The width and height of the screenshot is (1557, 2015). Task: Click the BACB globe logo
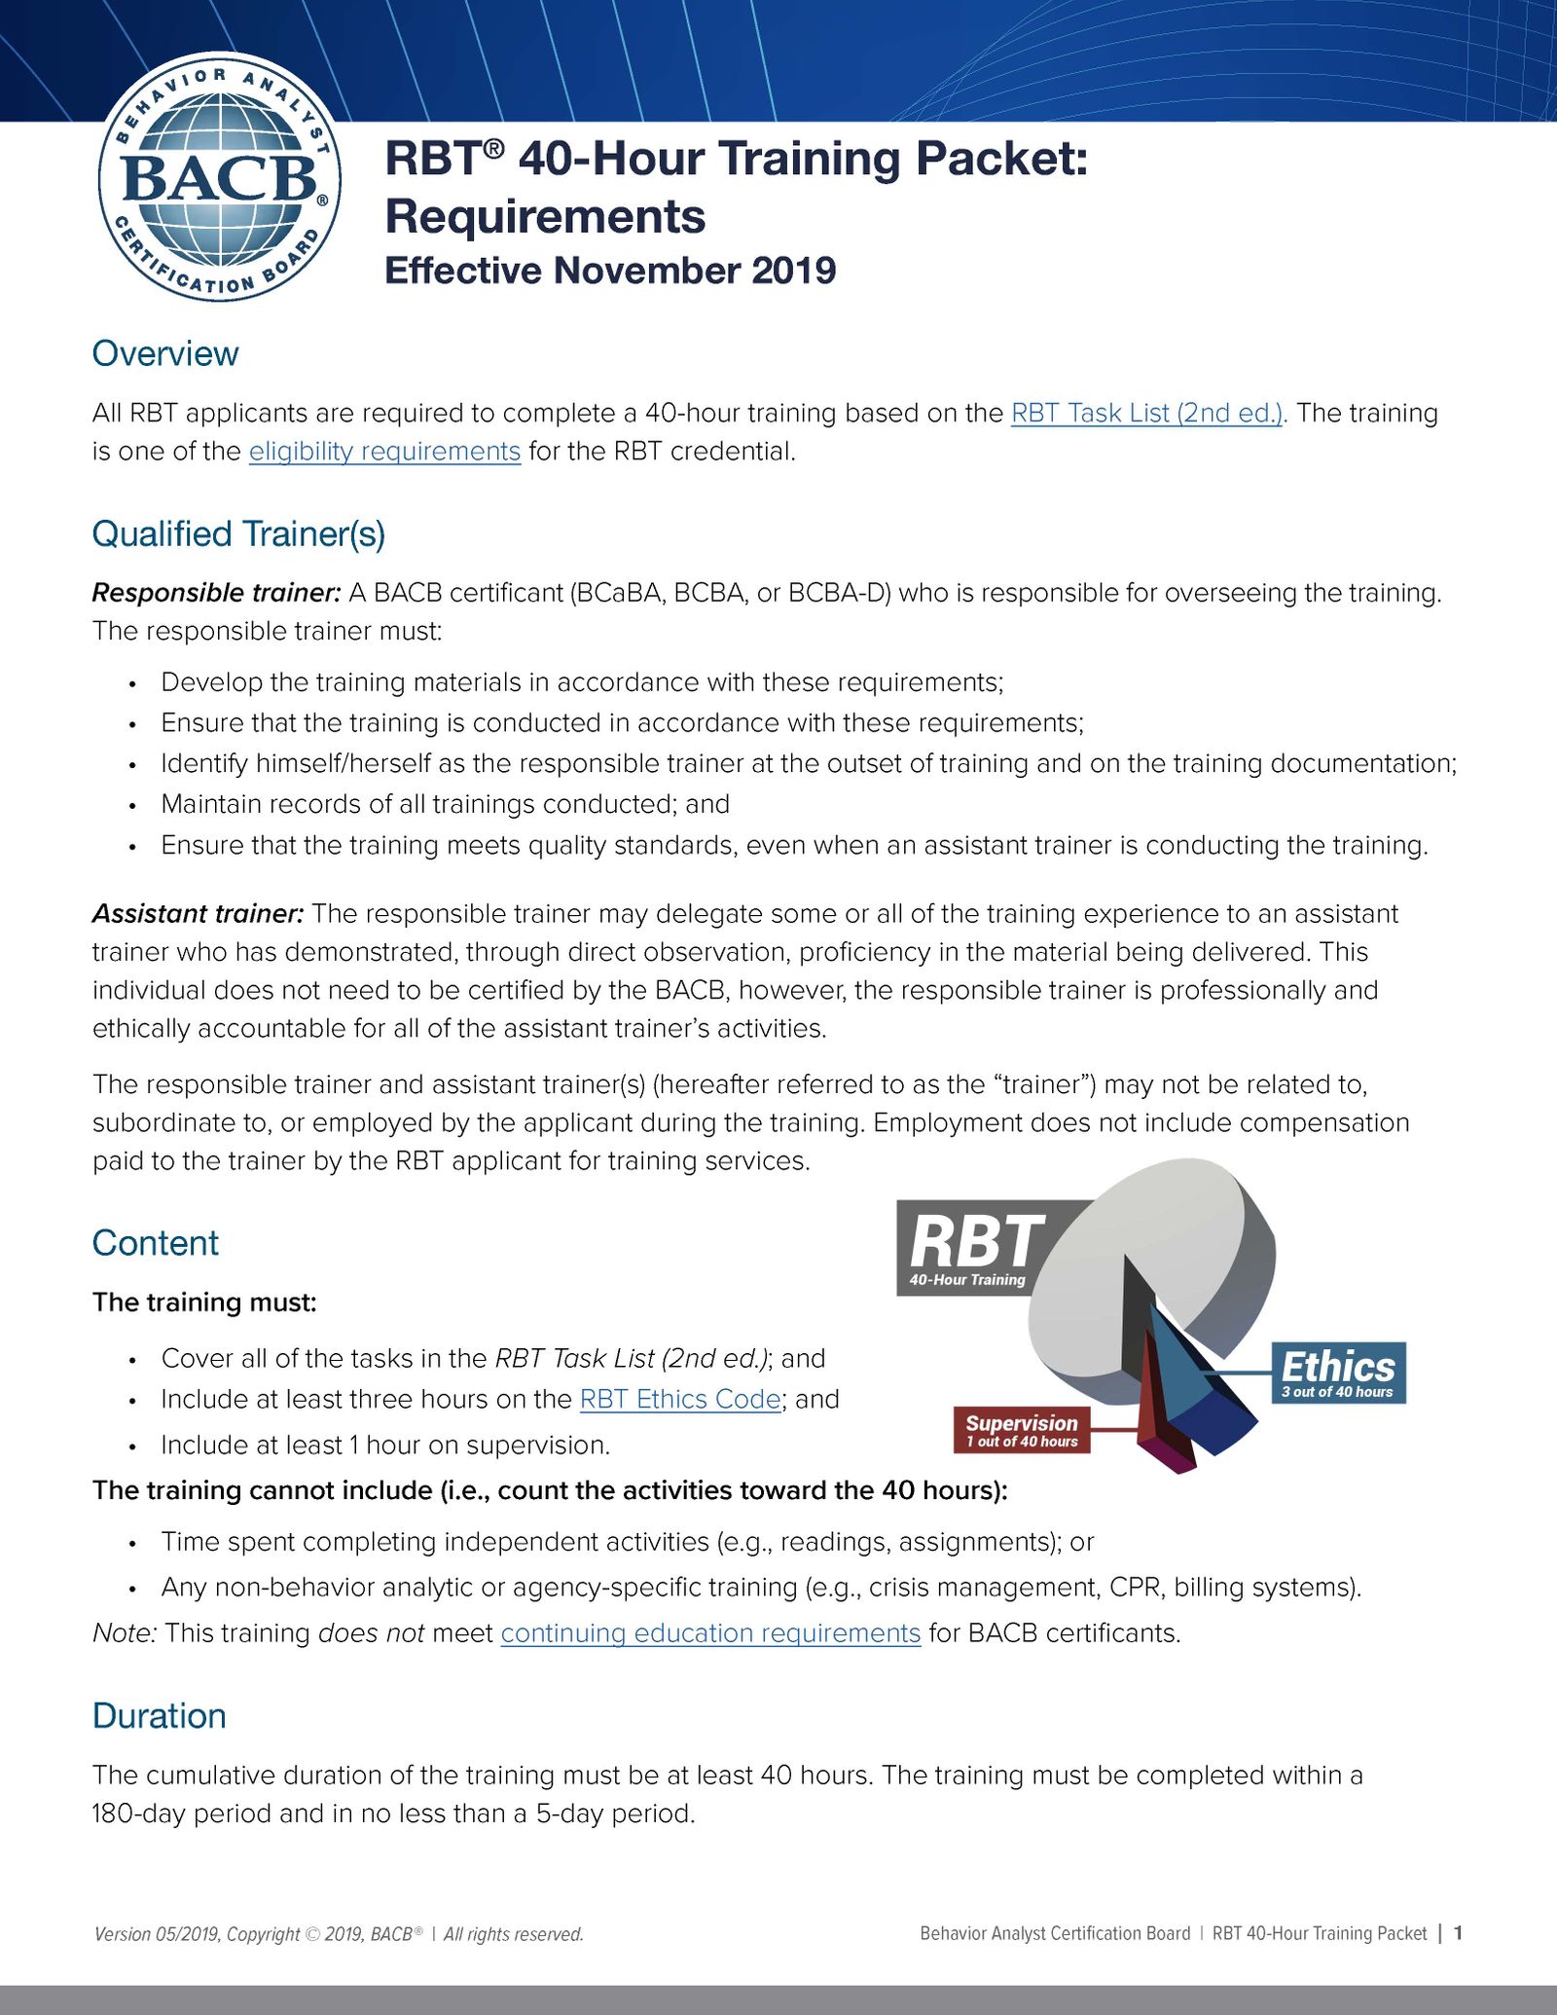(220, 178)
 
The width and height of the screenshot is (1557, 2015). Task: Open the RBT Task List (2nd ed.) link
(1147, 413)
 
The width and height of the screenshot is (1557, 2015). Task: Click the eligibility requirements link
(384, 452)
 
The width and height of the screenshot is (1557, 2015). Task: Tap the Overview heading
(165, 353)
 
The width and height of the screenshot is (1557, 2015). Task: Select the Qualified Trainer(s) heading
(238, 533)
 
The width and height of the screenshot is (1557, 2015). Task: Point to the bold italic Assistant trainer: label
(199, 914)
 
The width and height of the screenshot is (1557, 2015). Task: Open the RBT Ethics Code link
(679, 1399)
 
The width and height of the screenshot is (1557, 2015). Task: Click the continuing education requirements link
(710, 1632)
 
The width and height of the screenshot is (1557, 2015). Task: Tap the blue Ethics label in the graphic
(1338, 1373)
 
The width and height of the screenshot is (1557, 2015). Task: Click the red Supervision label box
(1022, 1430)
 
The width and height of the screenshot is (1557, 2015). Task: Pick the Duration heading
(159, 1716)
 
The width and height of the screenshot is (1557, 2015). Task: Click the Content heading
(156, 1243)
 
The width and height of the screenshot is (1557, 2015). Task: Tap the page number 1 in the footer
(1458, 1933)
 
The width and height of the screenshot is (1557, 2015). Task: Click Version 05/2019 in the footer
(156, 1934)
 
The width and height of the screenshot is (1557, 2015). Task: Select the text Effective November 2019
(610, 271)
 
